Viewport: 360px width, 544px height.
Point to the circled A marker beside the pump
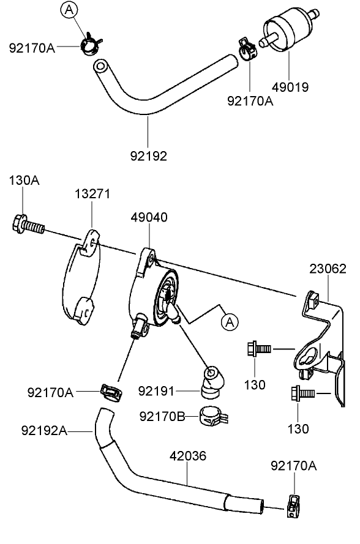(229, 321)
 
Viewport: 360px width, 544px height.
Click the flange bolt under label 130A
(28, 225)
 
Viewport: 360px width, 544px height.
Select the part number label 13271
(92, 194)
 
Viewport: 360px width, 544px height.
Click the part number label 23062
(327, 269)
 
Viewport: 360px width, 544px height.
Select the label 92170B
(162, 416)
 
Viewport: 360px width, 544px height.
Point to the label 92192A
(44, 430)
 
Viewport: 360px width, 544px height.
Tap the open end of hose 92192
(101, 65)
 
